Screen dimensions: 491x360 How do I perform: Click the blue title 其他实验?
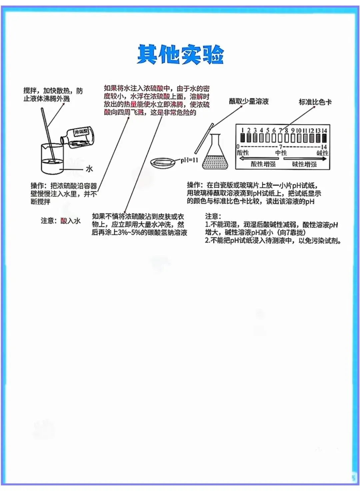tap(180, 54)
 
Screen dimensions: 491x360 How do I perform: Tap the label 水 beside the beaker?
tap(89, 169)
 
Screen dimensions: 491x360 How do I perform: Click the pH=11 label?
tap(189, 160)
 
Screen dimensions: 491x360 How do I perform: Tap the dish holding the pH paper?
tap(162, 163)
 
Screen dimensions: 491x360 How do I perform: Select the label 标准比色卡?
tap(315, 102)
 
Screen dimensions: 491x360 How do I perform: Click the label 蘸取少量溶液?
tap(249, 101)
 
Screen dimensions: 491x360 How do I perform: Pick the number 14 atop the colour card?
tap(324, 130)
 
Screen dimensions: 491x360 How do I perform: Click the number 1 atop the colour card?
tap(243, 130)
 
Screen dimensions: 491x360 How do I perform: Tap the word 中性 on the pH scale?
tap(281, 153)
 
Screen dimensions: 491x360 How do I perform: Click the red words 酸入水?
tap(70, 221)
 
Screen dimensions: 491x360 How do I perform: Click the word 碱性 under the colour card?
tap(322, 153)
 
